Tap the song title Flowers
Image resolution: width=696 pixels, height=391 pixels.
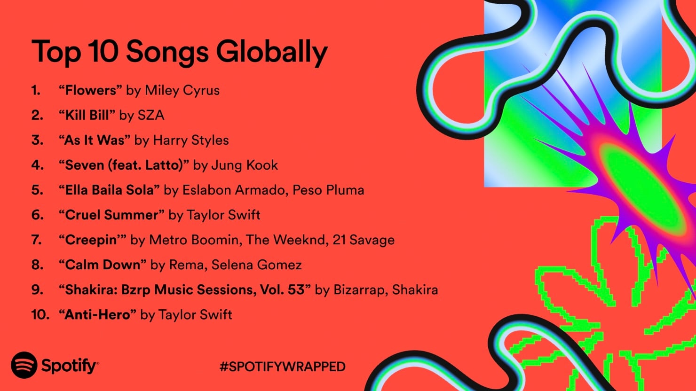(90, 90)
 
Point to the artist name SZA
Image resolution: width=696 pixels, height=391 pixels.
(151, 115)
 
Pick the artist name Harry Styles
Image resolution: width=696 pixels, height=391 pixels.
(191, 141)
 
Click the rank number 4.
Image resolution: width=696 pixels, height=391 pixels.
(37, 165)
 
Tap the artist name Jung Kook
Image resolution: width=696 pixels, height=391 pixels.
(245, 165)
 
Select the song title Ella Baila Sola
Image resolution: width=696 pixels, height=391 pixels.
(110, 190)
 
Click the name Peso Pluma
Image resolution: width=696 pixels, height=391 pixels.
(328, 190)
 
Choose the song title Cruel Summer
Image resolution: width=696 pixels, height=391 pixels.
(112, 215)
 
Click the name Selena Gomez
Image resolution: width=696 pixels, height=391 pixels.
(257, 265)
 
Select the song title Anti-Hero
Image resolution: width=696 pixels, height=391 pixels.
(97, 314)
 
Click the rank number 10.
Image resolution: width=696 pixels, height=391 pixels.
(40, 314)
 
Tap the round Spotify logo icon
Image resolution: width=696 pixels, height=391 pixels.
(24, 365)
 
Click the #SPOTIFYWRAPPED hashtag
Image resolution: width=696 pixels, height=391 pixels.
(283, 367)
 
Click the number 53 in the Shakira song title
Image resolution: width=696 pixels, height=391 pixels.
(296, 290)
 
